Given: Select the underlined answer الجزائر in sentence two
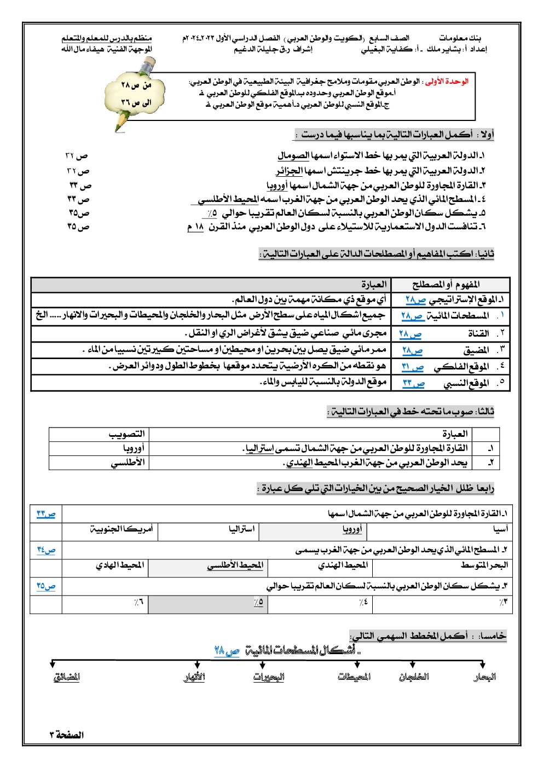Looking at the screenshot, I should [x=289, y=171].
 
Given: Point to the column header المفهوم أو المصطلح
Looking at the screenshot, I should [x=446, y=285].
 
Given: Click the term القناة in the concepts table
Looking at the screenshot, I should [x=478, y=333].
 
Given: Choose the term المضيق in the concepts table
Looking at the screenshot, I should [x=476, y=350].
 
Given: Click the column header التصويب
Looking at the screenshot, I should [x=126, y=434].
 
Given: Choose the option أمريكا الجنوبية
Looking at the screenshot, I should [x=122, y=529].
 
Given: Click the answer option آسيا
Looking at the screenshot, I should [x=500, y=529].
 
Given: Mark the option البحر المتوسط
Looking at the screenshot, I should [x=484, y=565].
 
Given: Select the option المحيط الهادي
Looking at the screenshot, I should [x=120, y=565].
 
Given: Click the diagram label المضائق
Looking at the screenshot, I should [x=67, y=677].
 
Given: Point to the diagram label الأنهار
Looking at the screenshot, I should [x=194, y=677].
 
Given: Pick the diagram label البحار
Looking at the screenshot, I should [x=484, y=677].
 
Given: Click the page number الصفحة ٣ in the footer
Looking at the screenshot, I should [x=67, y=735].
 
